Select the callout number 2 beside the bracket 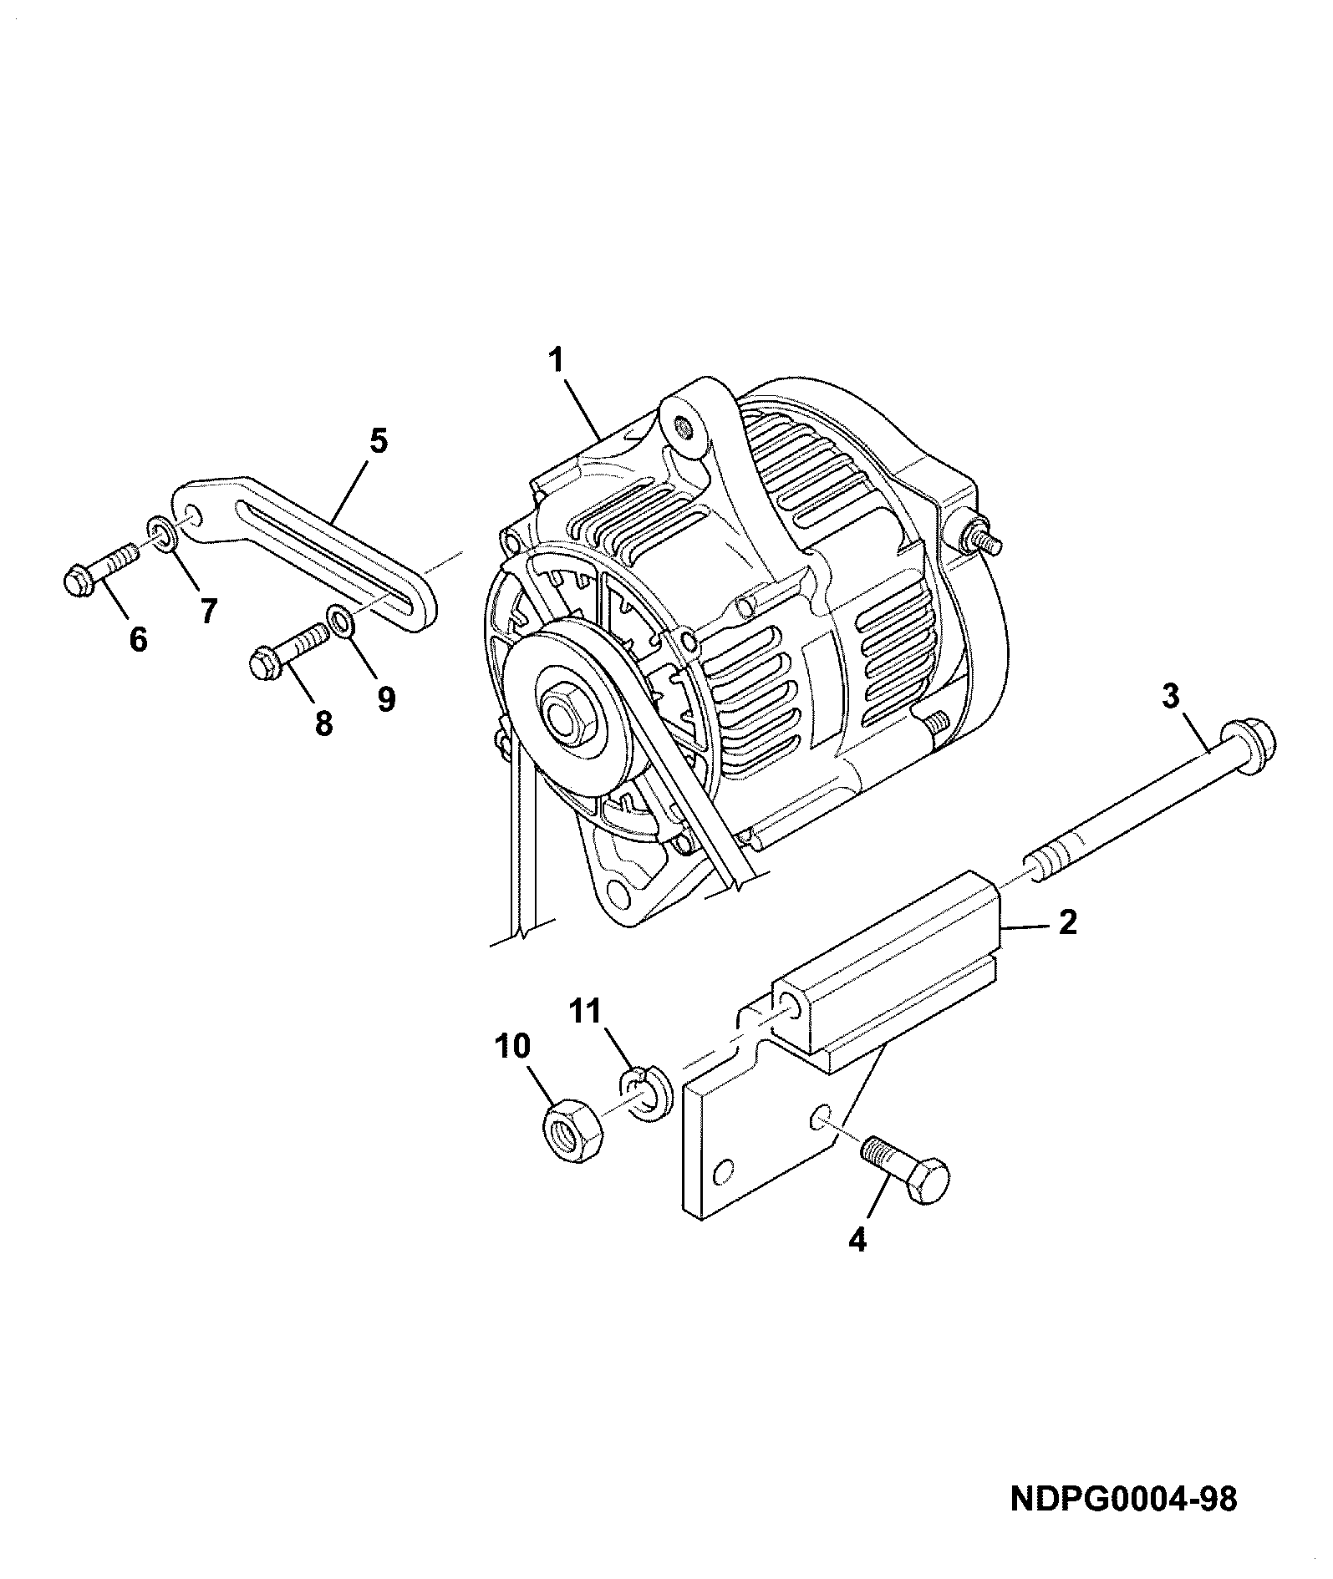[1068, 923]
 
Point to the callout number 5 [379, 440]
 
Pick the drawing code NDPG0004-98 [1123, 1500]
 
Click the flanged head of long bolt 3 [1246, 741]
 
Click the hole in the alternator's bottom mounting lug [619, 894]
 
